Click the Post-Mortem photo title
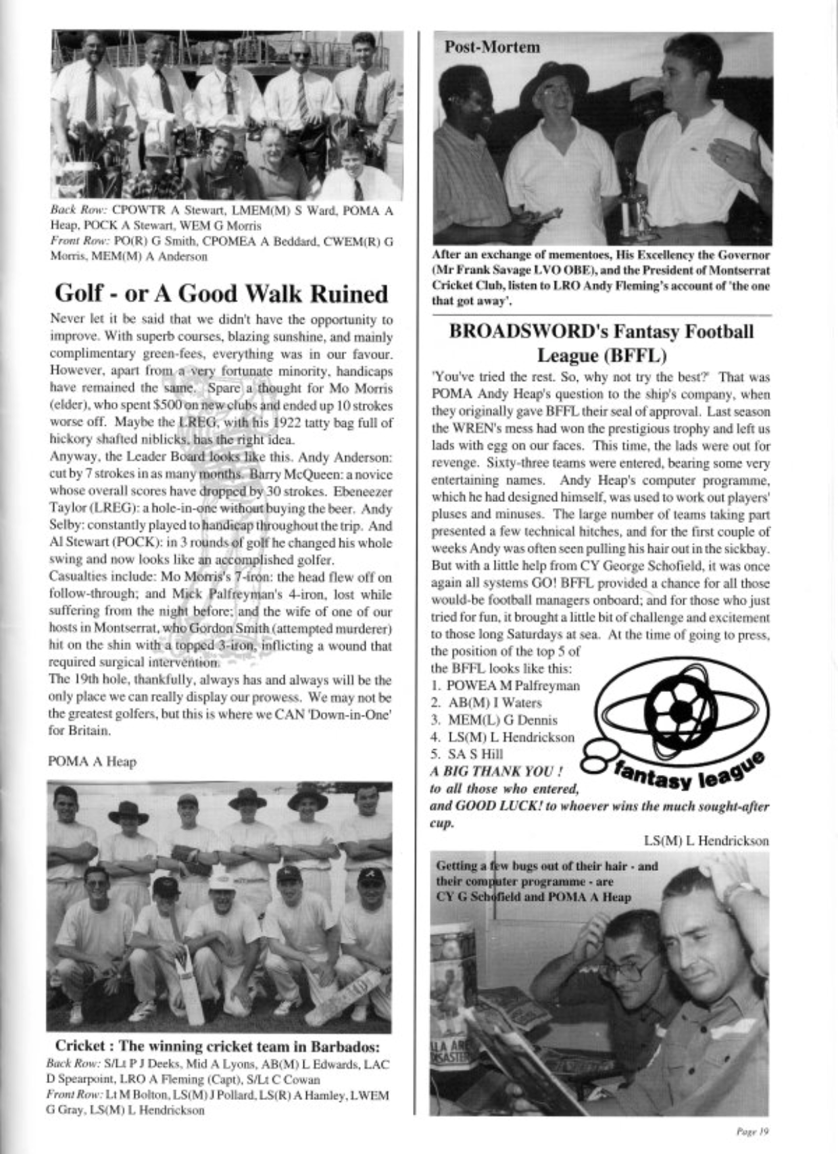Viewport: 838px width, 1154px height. tap(492, 47)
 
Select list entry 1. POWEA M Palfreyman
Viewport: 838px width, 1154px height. tap(506, 686)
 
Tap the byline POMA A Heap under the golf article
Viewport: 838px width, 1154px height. tap(92, 762)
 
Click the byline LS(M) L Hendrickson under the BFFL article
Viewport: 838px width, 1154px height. tap(706, 841)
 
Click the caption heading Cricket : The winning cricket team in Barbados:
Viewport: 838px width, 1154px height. tap(217, 1047)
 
